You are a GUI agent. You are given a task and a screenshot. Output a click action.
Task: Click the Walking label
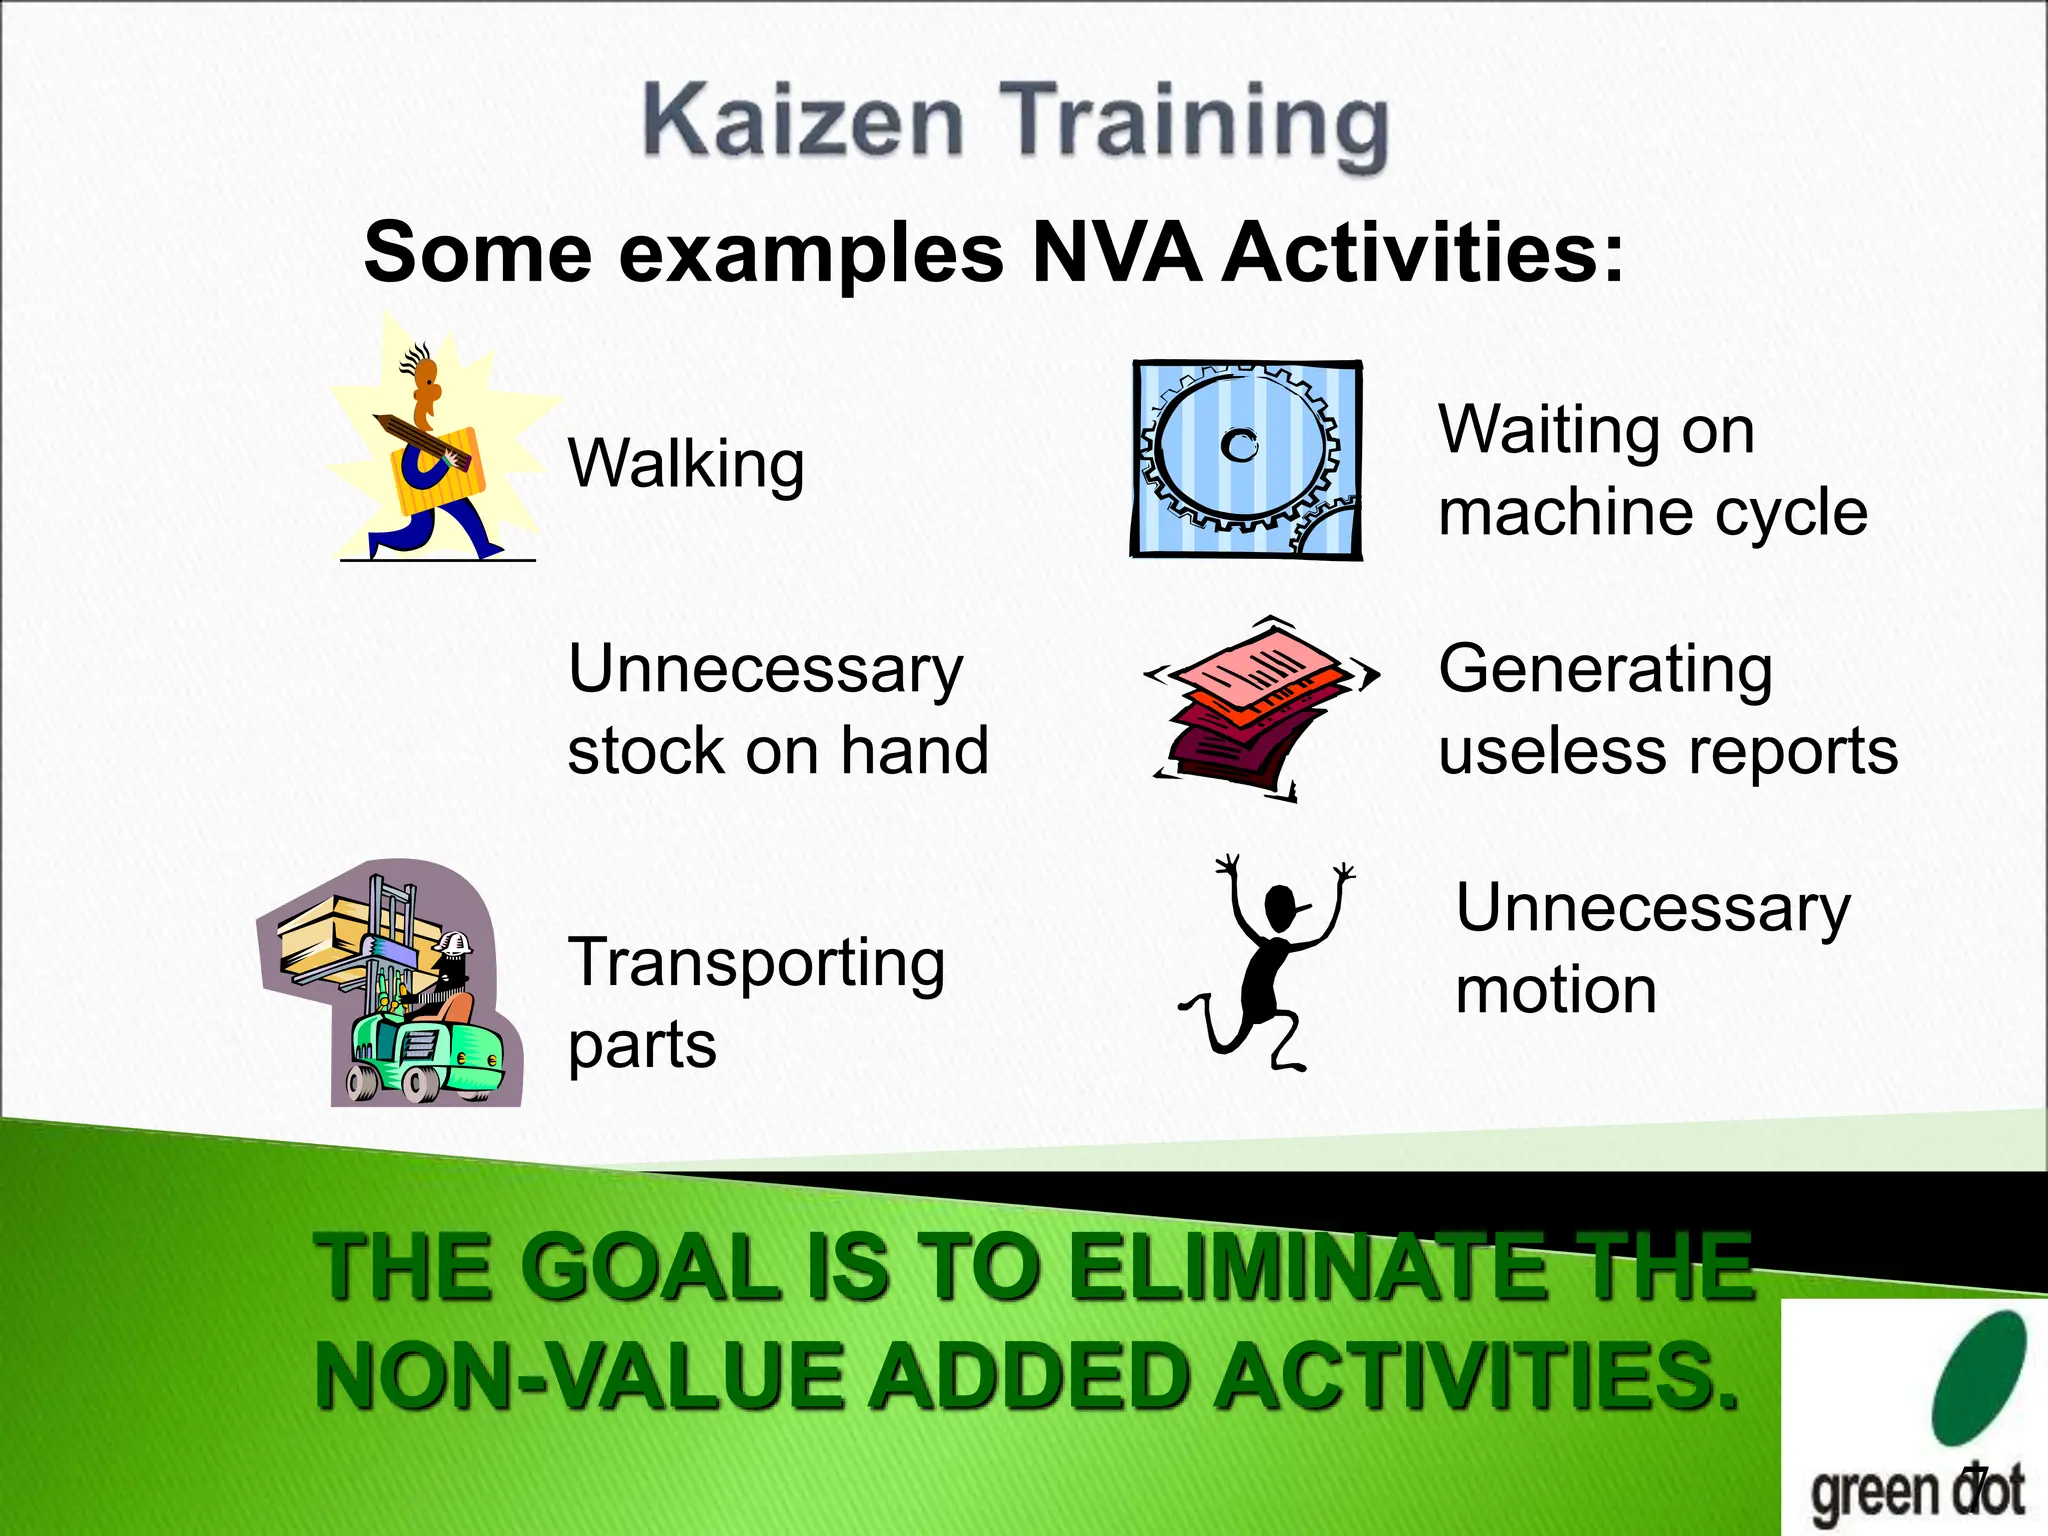tap(686, 465)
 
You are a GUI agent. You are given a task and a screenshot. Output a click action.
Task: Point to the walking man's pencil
tap(420, 440)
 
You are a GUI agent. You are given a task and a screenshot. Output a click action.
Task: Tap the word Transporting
tap(756, 964)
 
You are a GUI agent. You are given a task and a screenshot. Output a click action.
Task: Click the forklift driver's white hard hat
tap(454, 942)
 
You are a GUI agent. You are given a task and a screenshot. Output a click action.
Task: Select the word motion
tap(1556, 991)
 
